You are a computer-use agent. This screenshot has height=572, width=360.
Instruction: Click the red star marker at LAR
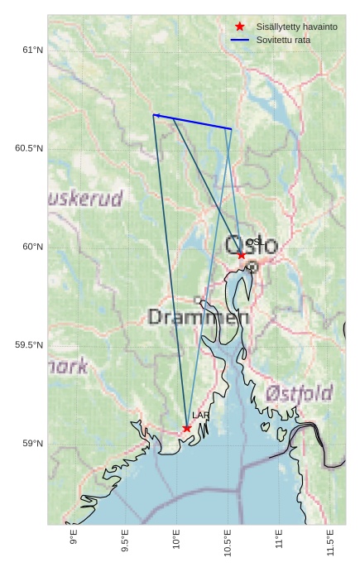coord(187,428)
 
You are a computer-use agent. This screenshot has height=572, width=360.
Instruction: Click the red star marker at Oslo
coord(242,255)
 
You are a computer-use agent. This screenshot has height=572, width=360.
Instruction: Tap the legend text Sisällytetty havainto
coord(296,26)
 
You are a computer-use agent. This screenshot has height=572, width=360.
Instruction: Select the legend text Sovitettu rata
coord(283,40)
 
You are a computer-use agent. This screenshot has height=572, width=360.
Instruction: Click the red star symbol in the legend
coord(240,26)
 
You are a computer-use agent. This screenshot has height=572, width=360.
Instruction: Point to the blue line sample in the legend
coord(240,40)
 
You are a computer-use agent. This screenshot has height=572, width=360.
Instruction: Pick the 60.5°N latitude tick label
coord(28,148)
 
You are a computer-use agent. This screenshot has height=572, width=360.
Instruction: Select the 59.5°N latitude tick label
coord(28,345)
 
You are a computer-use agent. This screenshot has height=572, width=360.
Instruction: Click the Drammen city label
coord(199,317)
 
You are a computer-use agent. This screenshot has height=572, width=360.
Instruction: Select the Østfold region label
coord(300,392)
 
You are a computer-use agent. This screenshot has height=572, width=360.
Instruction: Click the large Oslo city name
coord(252,245)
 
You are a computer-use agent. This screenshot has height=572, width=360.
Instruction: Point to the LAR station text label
coord(201,416)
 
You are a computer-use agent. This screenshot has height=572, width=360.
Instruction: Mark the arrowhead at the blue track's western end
coord(156,115)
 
